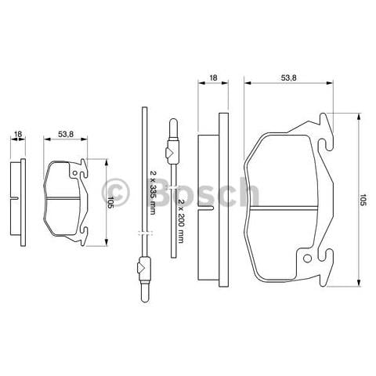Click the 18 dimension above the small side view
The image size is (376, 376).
pos(18,135)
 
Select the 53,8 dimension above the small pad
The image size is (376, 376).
pos(67,135)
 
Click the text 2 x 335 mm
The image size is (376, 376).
pos(154,193)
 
